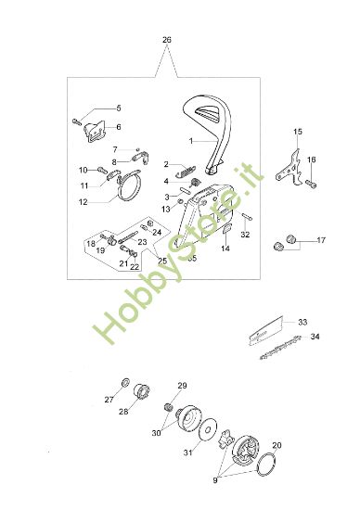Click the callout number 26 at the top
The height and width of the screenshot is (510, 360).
coord(166,40)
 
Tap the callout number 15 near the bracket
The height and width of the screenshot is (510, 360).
coord(299,132)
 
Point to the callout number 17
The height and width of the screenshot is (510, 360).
coord(321,241)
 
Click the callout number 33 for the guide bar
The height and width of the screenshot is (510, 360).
coord(302,322)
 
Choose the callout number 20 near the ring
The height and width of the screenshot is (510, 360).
coord(276,445)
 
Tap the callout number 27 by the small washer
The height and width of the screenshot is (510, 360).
coord(109,400)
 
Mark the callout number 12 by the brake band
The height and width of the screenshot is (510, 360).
coord(84,201)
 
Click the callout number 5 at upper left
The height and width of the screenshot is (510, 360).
coord(118,108)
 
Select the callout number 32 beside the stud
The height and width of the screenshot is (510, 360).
coord(245,235)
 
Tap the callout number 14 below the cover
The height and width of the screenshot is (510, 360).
coord(225,249)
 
